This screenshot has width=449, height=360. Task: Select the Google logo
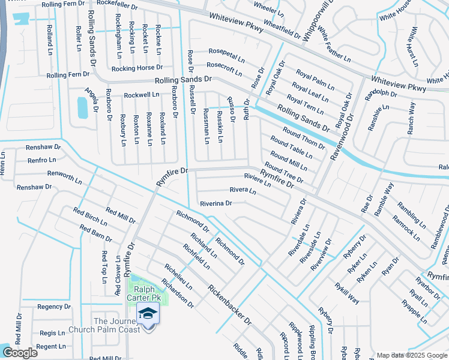pyautogui.click(x=20, y=353)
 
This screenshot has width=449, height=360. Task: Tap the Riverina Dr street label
pyautogui.click(x=216, y=203)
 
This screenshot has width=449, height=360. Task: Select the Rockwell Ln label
pyautogui.click(x=142, y=95)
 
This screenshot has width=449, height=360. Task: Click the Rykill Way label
pyautogui.click(x=347, y=293)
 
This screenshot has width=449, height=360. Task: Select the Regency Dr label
pyautogui.click(x=54, y=307)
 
